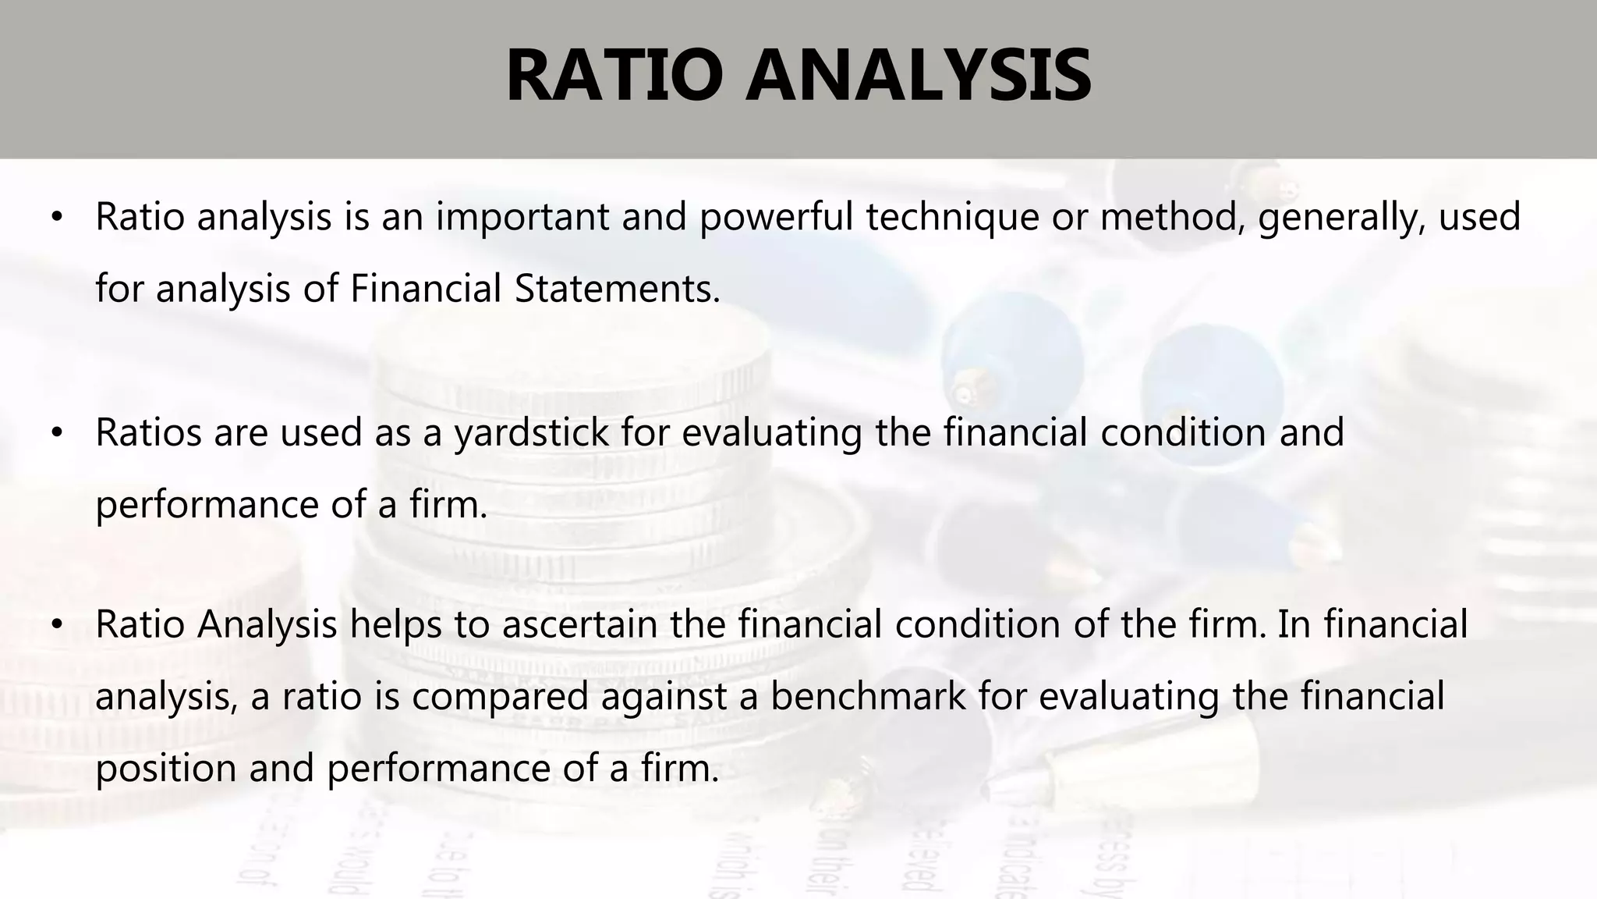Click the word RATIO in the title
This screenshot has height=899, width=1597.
[613, 76]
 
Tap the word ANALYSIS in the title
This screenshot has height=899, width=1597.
[918, 76]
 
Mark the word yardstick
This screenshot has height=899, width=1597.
[531, 432]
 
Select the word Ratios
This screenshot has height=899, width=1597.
[148, 432]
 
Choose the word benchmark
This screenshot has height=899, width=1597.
[868, 696]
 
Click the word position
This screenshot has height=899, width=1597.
[165, 768]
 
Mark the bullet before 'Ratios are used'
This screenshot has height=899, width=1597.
[55, 434]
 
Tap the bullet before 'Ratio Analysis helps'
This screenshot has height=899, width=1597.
[55, 626]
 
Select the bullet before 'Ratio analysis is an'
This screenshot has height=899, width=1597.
[55, 219]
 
